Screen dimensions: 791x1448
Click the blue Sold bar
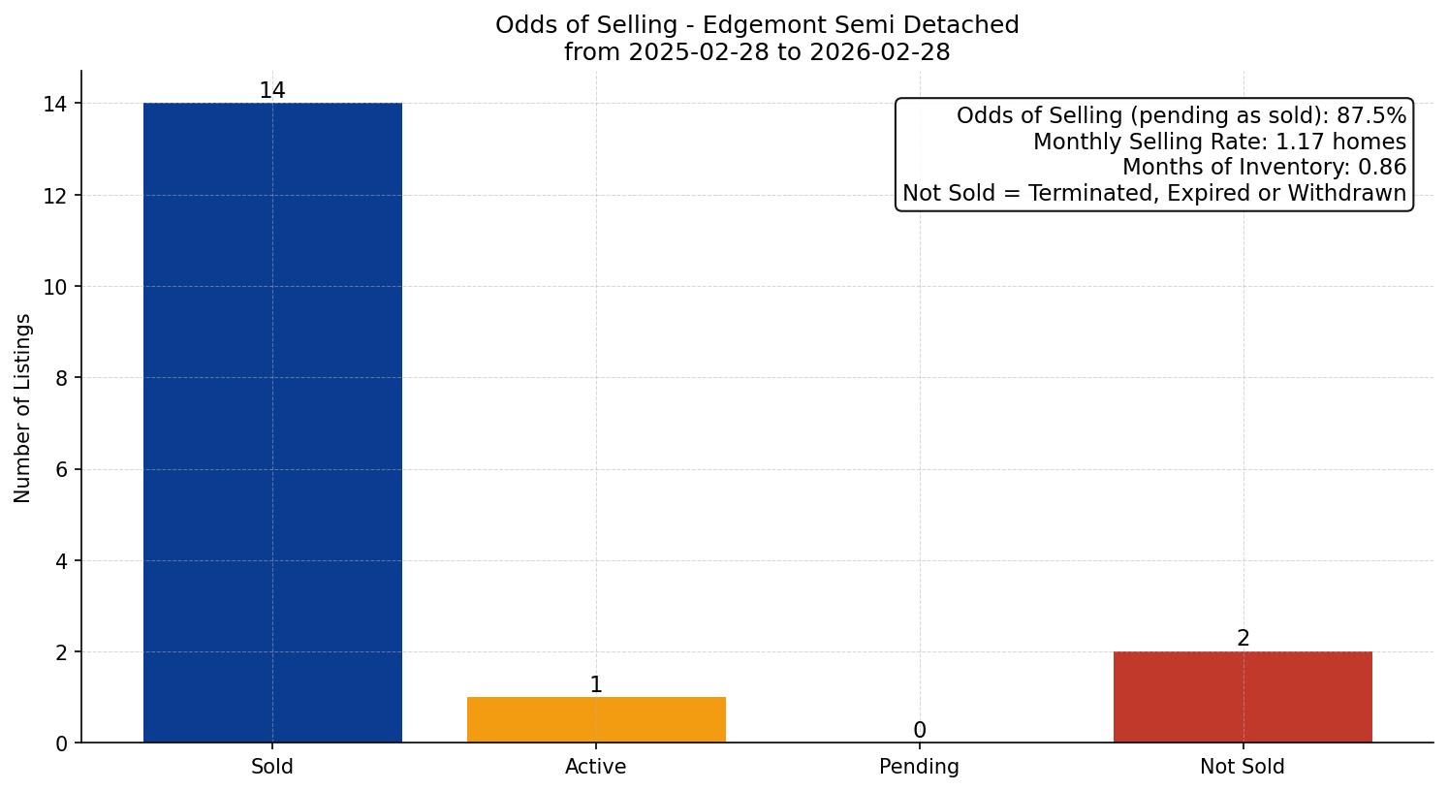[272, 423]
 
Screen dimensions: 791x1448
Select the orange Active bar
[596, 720]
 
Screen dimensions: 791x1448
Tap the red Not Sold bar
[1243, 697]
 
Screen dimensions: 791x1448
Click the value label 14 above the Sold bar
[272, 91]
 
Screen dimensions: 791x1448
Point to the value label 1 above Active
[596, 685]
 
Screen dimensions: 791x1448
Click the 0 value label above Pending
[919, 731]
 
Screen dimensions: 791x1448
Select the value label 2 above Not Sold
[1243, 639]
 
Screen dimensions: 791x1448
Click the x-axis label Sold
[272, 767]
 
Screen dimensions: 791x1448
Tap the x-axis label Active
[596, 767]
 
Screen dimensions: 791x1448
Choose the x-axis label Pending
[919, 767]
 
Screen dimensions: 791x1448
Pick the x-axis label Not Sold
[1243, 767]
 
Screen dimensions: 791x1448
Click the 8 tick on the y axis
[61, 378]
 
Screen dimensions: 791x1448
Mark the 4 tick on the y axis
[61, 561]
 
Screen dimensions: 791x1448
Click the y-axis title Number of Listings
[23, 407]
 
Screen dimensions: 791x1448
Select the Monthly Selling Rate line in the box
[1219, 142]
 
